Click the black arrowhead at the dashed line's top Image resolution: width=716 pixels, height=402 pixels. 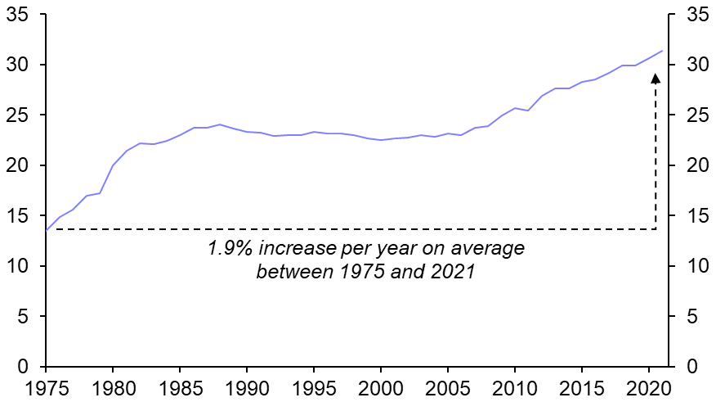pyautogui.click(x=656, y=78)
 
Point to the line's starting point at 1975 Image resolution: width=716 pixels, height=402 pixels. pyautogui.click(x=46, y=231)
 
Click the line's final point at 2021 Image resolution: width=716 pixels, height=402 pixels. pyautogui.click(x=662, y=51)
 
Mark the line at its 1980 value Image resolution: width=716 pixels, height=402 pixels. pyautogui.click(x=113, y=165)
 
